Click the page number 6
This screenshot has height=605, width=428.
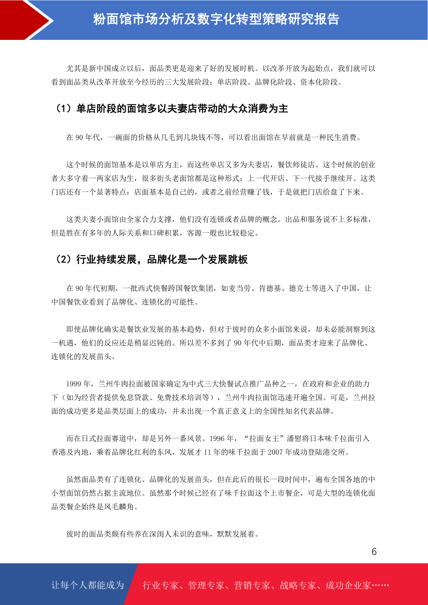click(374, 552)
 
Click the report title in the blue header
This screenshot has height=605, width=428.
click(216, 19)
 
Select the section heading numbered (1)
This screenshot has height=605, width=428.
click(171, 108)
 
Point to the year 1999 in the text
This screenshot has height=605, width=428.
click(74, 384)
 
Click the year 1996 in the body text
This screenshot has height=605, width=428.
click(217, 439)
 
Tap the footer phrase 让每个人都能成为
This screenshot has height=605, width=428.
click(88, 585)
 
